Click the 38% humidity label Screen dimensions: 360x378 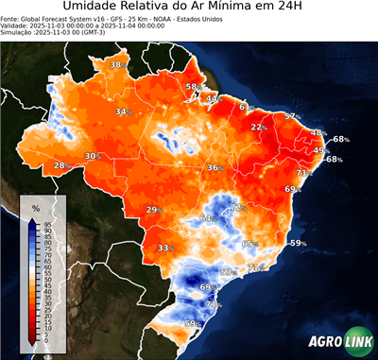pyautogui.click(x=117, y=64)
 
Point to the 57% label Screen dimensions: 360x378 pyautogui.click(x=291, y=116)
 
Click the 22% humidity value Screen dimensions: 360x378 pyautogui.click(x=257, y=127)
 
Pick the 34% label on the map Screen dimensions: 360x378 pyautogui.click(x=122, y=112)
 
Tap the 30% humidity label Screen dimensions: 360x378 pyautogui.click(x=92, y=156)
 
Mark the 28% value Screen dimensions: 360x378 pyautogui.click(x=60, y=166)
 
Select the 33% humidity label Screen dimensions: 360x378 pyautogui.click(x=164, y=249)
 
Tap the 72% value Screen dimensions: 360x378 pyautogui.click(x=237, y=207)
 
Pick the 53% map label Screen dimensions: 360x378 pyautogui.click(x=227, y=272)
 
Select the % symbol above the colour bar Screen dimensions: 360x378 pyautogui.click(x=35, y=207)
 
